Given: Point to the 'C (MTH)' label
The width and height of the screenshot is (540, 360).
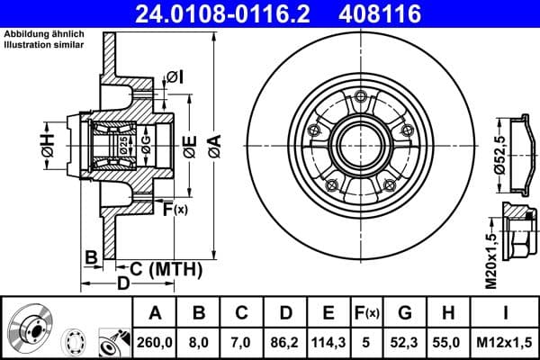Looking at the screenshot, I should tap(160, 268).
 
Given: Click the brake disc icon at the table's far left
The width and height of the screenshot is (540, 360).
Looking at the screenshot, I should tap(31, 326).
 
